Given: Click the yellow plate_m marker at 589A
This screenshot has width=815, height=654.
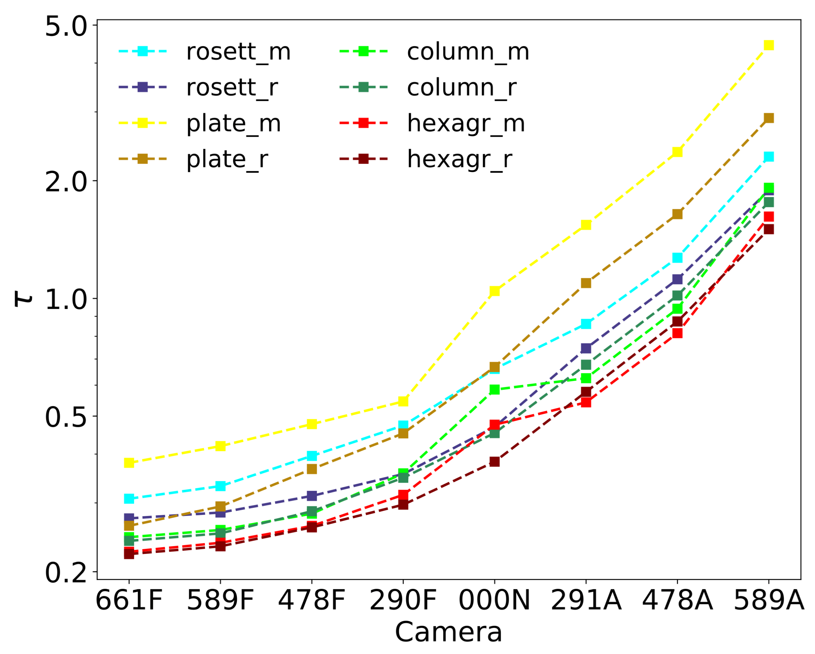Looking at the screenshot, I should [768, 45].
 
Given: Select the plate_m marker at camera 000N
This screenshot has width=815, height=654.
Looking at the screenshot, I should [495, 291].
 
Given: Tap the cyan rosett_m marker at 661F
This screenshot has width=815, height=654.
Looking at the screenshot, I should [129, 499].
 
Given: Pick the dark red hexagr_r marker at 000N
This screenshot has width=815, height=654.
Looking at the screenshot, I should [495, 462].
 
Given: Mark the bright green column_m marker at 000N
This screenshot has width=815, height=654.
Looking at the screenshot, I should [495, 390].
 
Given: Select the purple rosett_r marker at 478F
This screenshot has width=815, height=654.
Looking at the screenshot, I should [312, 496].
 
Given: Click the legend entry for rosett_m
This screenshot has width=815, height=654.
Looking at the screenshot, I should [238, 52].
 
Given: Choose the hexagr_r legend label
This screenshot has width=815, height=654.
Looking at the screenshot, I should [459, 159].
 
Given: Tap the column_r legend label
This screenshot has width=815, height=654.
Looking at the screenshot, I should [461, 88].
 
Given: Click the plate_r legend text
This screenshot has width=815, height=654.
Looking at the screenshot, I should [227, 159].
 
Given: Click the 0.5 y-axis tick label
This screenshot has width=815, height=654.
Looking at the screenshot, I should [66, 418].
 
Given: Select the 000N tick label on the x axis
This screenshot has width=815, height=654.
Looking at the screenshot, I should [495, 601].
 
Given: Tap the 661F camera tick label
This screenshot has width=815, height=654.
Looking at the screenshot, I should [129, 601].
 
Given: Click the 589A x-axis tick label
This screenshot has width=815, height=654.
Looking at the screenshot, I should [768, 601].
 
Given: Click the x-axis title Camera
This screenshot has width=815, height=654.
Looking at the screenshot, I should [448, 632].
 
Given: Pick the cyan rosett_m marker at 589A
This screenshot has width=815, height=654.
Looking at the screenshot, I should [768, 157].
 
